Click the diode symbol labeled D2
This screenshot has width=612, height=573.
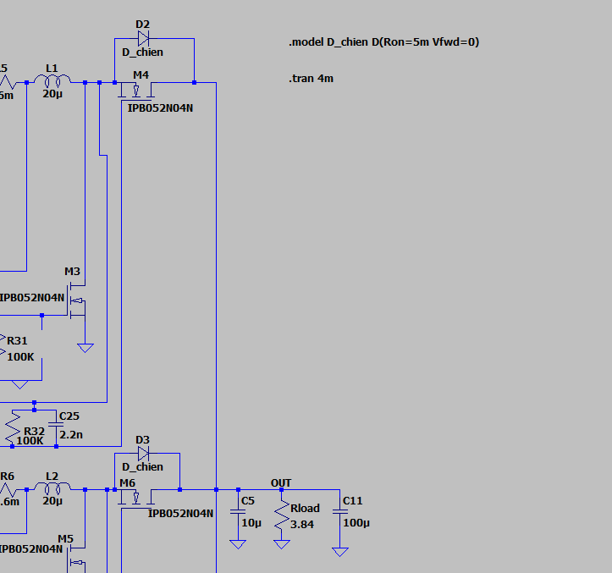click(x=143, y=38)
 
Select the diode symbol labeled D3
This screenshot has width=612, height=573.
click(x=143, y=453)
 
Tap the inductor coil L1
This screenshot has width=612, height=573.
click(x=58, y=80)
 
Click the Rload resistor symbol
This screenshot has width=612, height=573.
click(x=281, y=514)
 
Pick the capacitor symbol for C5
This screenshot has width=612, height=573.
click(x=238, y=512)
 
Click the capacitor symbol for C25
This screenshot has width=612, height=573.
click(x=56, y=426)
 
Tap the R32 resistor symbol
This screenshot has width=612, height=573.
click(x=13, y=428)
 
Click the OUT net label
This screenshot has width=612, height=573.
click(x=281, y=483)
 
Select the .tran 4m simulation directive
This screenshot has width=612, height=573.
click(x=312, y=79)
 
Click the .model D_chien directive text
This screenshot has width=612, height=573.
click(x=384, y=41)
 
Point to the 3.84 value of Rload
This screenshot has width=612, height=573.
click(x=302, y=525)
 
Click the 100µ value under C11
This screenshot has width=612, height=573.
click(x=356, y=523)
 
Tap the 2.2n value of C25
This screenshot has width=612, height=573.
click(x=71, y=434)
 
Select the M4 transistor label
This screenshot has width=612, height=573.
click(x=141, y=74)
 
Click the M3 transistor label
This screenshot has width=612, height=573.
click(x=73, y=272)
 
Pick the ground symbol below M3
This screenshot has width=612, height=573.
click(x=85, y=346)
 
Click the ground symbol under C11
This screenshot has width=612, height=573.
click(x=339, y=551)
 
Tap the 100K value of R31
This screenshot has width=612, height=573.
click(x=20, y=356)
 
